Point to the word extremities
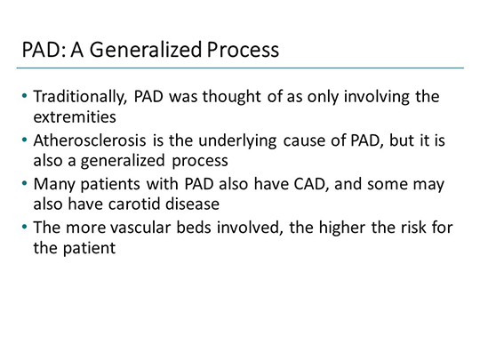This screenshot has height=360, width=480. (73, 116)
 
